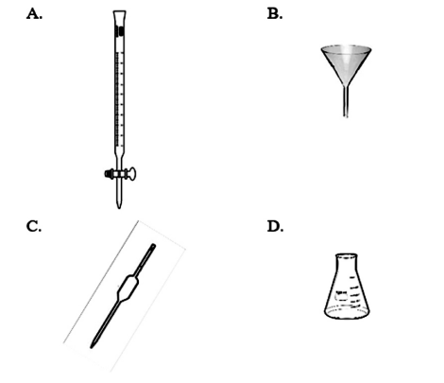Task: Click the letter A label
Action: (x=34, y=14)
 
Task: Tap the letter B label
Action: (x=275, y=14)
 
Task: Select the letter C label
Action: (x=34, y=226)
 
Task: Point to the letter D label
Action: (x=275, y=226)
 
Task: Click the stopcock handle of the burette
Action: (x=132, y=174)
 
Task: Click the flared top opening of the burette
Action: (x=120, y=12)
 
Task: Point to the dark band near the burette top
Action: (x=120, y=31)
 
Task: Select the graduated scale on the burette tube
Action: (x=119, y=99)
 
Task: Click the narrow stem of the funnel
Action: (x=346, y=101)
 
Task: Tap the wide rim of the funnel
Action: (x=347, y=49)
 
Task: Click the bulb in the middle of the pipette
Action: (x=128, y=288)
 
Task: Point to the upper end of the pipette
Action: (x=153, y=246)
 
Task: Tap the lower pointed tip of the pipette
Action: (x=92, y=347)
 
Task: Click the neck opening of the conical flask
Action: (x=347, y=256)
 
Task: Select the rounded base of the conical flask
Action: (x=347, y=313)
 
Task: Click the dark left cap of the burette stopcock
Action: (x=109, y=174)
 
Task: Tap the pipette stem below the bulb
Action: (x=106, y=322)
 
